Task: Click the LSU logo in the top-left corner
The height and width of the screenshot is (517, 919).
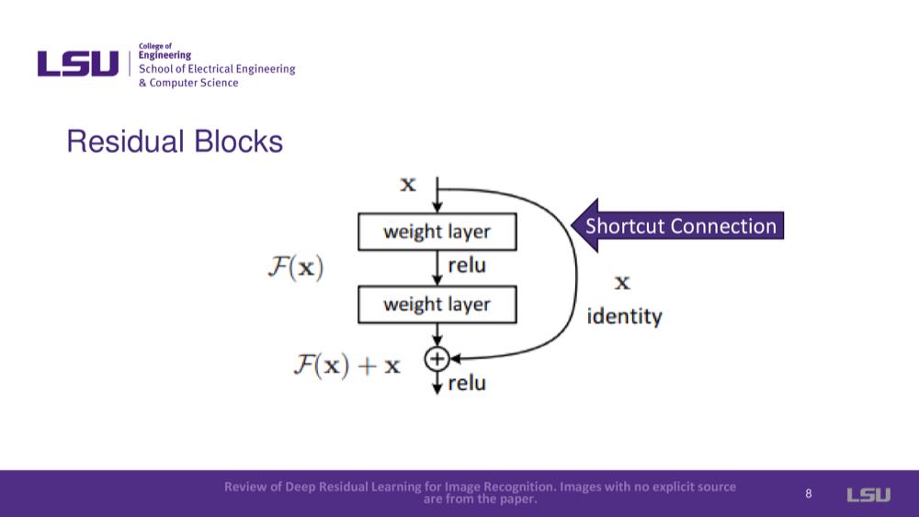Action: tap(78, 63)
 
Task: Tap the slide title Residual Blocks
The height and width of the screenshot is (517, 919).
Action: tap(175, 142)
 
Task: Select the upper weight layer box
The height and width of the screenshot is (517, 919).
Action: tap(437, 232)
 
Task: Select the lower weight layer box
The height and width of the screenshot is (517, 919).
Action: tap(437, 304)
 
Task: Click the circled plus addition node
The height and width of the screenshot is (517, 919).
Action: tap(437, 359)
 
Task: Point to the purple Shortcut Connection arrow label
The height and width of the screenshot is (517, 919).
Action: tap(680, 226)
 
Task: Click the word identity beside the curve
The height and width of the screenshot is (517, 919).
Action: tap(624, 317)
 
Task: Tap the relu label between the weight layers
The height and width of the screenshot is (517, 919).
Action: tap(467, 267)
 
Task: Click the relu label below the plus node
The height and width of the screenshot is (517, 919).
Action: tap(467, 383)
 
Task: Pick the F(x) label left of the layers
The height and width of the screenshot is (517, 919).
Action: tap(295, 269)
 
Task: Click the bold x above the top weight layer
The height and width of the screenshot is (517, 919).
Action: tap(407, 185)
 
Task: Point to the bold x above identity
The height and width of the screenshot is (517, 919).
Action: tap(622, 282)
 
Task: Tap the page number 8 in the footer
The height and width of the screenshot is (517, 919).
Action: tap(809, 494)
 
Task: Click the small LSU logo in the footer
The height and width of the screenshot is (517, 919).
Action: tap(868, 495)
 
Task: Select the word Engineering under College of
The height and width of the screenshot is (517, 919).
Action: tap(165, 55)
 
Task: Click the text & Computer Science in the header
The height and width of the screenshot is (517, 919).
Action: tap(188, 83)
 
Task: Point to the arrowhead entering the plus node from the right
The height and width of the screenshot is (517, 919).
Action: tap(454, 359)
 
